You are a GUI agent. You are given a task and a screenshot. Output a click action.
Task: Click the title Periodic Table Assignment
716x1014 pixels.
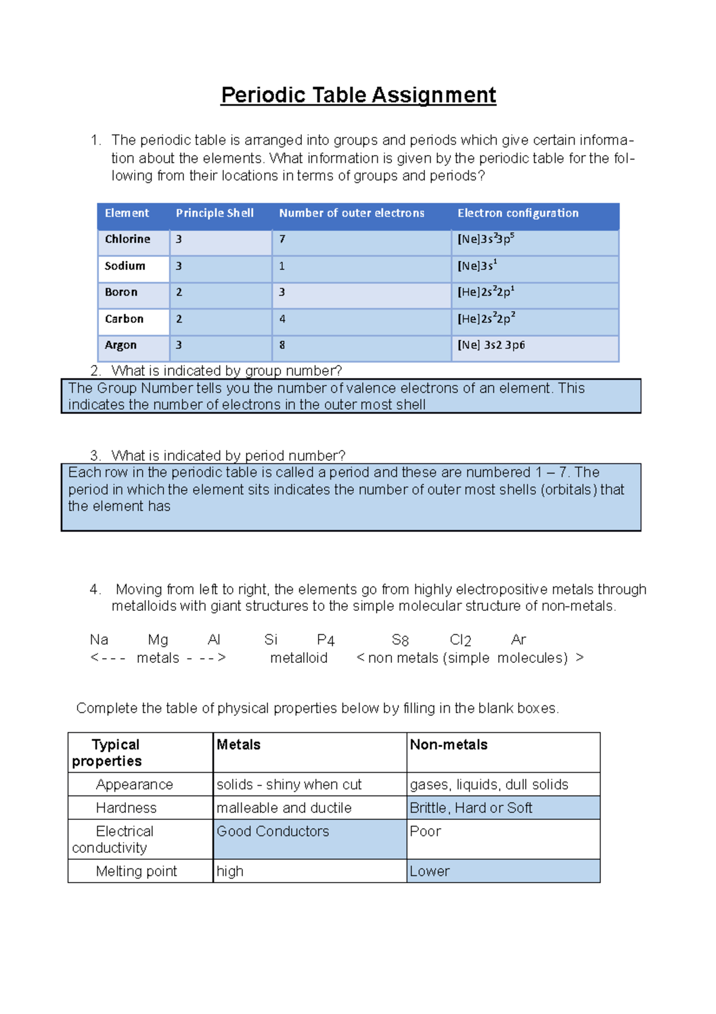(358, 96)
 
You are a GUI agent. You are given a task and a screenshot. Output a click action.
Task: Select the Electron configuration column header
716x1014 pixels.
(518, 213)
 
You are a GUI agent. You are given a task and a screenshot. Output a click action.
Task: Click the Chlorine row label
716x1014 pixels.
(128, 239)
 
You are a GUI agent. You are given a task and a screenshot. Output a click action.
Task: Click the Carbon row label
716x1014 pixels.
(124, 319)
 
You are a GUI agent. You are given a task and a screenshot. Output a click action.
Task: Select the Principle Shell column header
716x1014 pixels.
(215, 213)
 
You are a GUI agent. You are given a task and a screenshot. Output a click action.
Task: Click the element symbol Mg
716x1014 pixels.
(158, 640)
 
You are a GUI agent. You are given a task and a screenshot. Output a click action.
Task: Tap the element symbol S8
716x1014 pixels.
(400, 640)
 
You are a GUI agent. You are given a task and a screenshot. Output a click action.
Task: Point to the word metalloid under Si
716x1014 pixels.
(298, 658)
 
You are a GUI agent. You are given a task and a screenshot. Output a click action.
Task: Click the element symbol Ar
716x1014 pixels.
(519, 640)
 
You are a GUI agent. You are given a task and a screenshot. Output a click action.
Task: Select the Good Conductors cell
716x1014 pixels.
(273, 831)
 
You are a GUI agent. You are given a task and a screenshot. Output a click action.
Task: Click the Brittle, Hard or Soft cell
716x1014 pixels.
(471, 808)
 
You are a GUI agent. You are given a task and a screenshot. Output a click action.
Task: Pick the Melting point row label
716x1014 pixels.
(136, 871)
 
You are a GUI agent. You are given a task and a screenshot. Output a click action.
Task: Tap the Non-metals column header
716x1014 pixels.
(449, 745)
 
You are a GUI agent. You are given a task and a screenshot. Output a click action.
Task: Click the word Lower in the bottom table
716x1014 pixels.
(430, 871)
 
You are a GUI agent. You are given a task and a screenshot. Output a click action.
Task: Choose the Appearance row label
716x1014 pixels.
(134, 785)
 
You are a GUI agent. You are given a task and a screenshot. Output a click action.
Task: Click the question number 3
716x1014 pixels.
(95, 456)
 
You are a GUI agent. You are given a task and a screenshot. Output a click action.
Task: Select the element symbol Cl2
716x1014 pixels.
(461, 640)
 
